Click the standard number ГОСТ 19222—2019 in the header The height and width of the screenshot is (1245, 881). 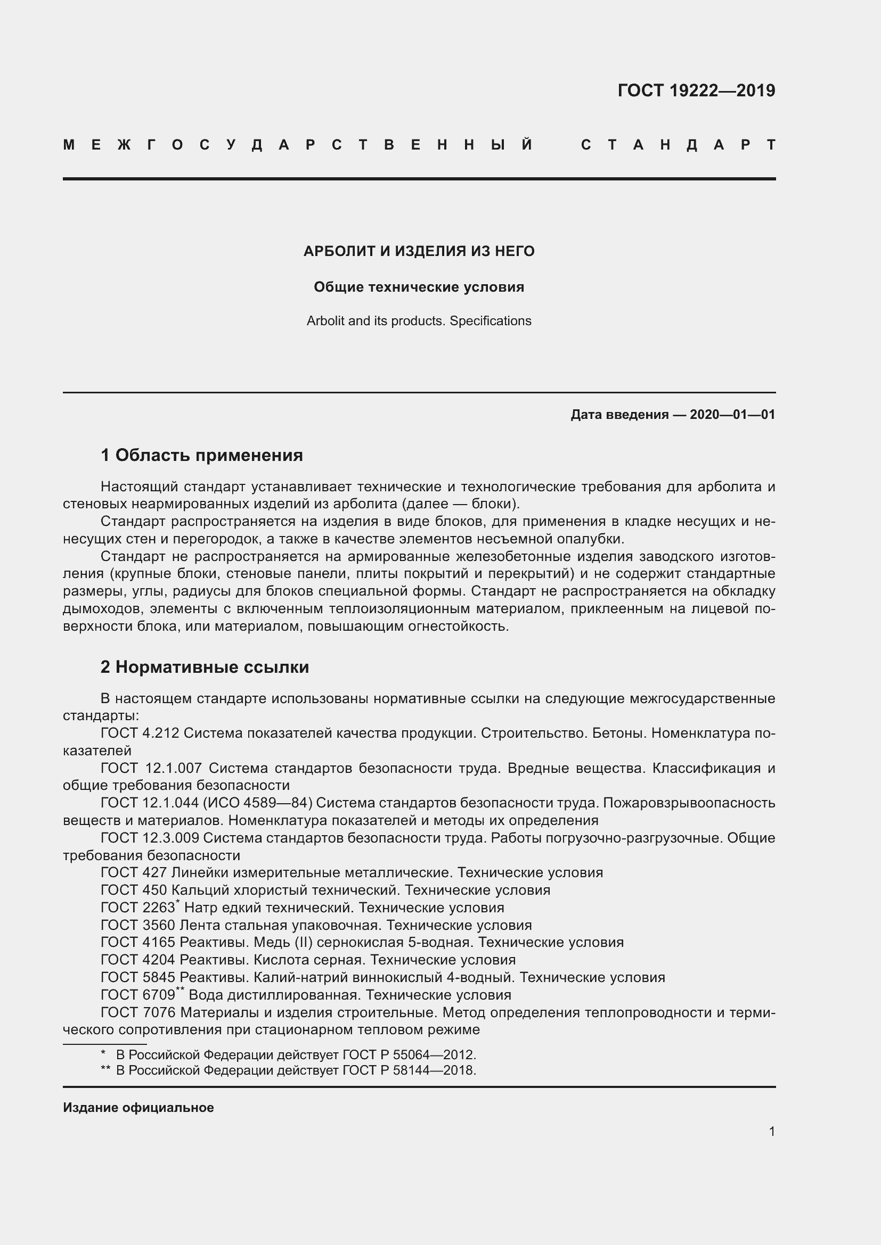click(x=696, y=90)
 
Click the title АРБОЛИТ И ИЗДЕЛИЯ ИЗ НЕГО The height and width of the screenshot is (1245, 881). click(x=419, y=251)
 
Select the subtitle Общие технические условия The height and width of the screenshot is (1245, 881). click(x=419, y=287)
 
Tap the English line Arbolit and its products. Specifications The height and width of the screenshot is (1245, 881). click(x=419, y=321)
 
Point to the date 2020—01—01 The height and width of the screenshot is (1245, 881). click(x=732, y=415)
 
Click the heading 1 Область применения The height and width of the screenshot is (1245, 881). click(x=202, y=455)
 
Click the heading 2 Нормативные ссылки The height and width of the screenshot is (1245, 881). click(x=205, y=667)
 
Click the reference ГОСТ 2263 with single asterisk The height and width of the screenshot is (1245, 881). click(x=138, y=908)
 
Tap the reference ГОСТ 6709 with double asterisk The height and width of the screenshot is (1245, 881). click(x=138, y=994)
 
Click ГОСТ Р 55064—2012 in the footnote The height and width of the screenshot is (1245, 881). click(x=409, y=1054)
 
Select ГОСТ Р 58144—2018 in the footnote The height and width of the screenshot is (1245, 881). click(x=409, y=1070)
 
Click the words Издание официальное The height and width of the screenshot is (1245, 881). click(x=138, y=1107)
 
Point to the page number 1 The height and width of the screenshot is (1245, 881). click(x=771, y=1131)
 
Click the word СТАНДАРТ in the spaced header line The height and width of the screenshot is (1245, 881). click(x=678, y=145)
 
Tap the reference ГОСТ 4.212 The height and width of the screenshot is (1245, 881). click(x=140, y=733)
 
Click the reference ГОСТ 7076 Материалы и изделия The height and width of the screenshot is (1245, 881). click(x=138, y=1012)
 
